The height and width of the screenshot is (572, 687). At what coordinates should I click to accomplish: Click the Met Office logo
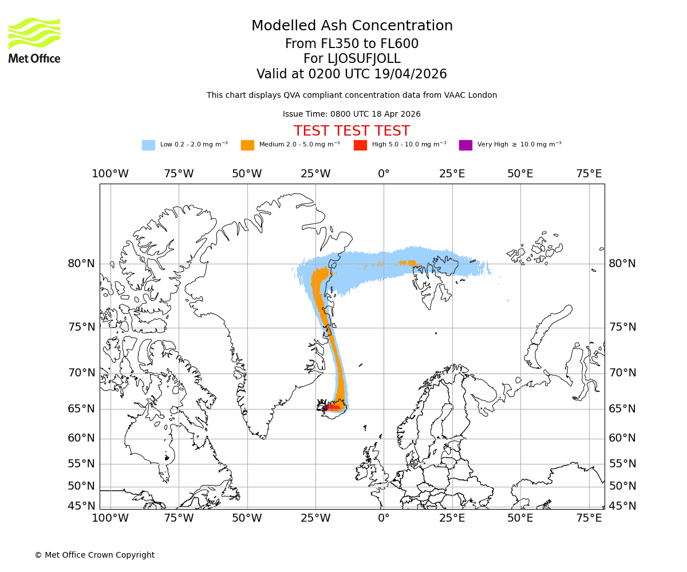click(34, 40)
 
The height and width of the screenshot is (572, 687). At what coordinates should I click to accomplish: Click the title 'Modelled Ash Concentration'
click(352, 26)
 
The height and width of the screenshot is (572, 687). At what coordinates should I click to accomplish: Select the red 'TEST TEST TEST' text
click(352, 131)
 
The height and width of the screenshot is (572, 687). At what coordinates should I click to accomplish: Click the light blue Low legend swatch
click(148, 145)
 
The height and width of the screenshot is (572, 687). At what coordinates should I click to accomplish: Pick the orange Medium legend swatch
click(247, 145)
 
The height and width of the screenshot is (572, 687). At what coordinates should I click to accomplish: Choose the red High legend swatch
click(360, 145)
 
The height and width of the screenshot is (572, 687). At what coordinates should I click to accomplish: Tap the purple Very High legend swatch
click(465, 145)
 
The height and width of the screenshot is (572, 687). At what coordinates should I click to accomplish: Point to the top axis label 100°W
click(110, 174)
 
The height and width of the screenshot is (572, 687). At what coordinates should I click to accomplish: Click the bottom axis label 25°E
click(452, 518)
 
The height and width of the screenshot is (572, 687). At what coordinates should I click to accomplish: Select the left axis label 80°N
click(81, 264)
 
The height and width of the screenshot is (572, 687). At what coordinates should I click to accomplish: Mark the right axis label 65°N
click(622, 409)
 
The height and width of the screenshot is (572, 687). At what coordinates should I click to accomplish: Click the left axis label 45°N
click(81, 506)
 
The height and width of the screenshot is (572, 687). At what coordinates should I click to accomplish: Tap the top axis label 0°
click(384, 174)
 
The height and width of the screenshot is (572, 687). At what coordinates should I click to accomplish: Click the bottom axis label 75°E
click(589, 518)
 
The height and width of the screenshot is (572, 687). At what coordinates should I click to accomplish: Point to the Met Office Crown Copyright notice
click(94, 555)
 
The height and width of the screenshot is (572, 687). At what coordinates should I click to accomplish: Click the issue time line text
click(352, 114)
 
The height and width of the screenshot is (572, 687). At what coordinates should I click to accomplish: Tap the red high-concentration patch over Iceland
click(332, 408)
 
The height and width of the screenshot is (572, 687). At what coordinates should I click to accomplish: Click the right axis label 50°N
click(622, 486)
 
